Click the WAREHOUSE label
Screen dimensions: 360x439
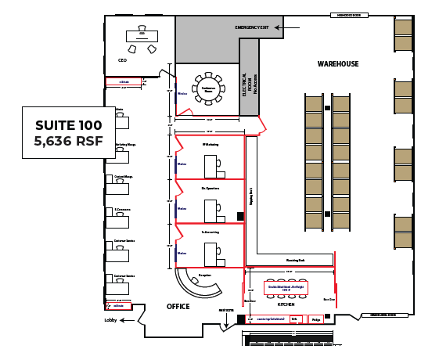337,63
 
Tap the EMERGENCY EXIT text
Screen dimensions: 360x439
252,27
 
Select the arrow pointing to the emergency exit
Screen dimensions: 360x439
287,27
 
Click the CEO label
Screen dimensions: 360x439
122,59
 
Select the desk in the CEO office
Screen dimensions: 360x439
142,36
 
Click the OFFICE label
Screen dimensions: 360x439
178,306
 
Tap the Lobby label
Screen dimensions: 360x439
110,320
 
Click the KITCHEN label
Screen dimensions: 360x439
286,304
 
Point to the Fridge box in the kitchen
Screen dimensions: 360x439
315,319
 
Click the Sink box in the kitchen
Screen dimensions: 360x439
294,319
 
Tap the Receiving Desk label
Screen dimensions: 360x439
295,260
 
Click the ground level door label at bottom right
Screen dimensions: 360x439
384,315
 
